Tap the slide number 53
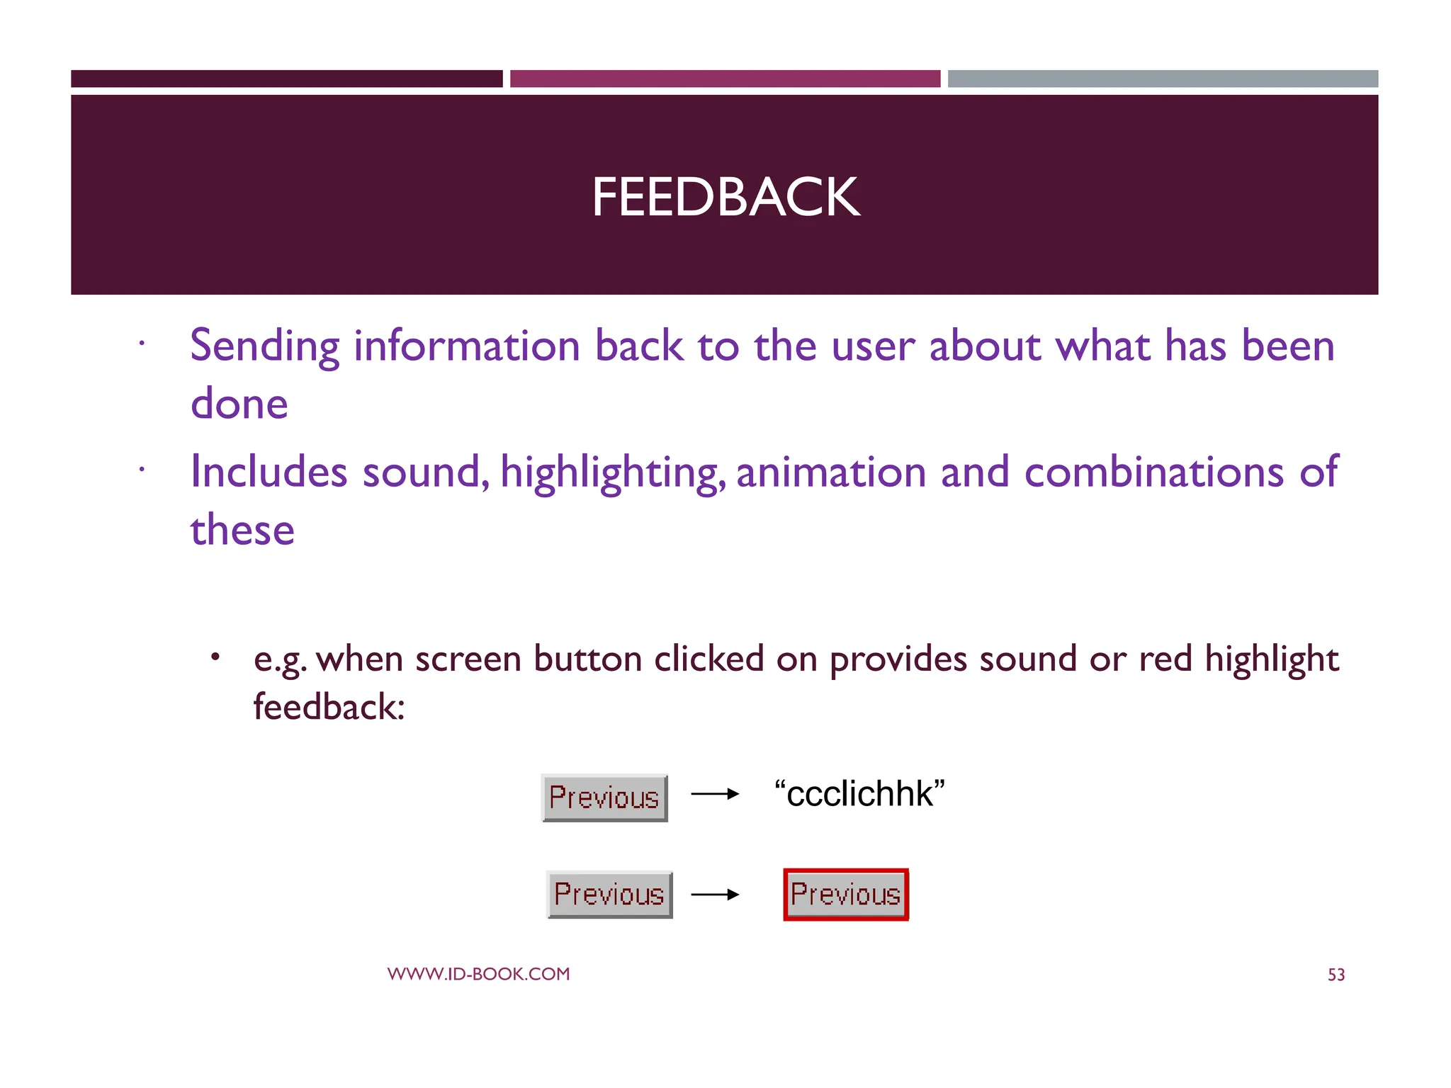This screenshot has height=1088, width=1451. (1336, 975)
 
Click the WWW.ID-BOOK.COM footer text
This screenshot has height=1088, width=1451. (478, 974)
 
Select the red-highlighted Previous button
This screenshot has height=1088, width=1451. (845, 895)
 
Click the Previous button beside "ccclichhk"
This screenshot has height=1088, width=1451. (604, 798)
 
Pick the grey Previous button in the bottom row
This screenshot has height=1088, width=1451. (609, 895)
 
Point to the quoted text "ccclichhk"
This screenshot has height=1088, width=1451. (859, 793)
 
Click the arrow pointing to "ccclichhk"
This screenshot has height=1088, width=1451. (715, 795)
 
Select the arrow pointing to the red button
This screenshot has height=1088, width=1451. (715, 895)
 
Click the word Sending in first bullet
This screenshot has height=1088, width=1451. (265, 347)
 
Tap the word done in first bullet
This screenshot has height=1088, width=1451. (239, 404)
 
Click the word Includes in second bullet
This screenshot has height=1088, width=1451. (269, 472)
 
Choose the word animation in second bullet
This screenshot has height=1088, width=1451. (830, 473)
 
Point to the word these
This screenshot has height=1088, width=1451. (242, 530)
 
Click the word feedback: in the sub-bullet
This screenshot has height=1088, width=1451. (329, 707)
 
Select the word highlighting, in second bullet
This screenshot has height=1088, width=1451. (613, 473)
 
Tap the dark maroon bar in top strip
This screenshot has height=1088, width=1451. (286, 79)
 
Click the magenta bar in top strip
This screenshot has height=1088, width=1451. (725, 79)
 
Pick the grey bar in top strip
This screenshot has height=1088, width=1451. (1163, 79)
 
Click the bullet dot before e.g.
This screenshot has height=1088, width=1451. (215, 657)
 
